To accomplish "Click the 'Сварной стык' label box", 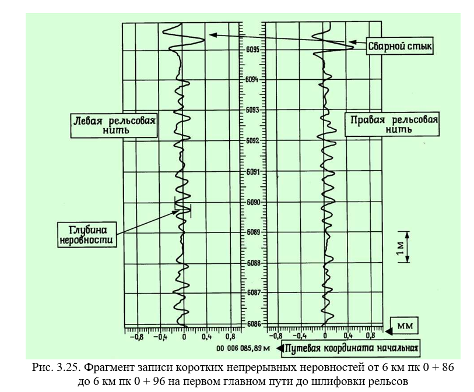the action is (x=399, y=46).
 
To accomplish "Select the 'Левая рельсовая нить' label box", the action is (x=114, y=125).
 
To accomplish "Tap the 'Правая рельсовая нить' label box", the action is (x=392, y=124).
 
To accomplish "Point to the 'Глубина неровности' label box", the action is (x=87, y=235).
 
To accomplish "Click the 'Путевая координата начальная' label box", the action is (x=351, y=348).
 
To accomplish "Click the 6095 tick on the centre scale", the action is (x=252, y=50).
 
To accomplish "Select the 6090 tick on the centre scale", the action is (x=253, y=202).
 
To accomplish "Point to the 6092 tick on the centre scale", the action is (x=252, y=141).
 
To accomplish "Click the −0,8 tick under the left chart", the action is (x=136, y=337).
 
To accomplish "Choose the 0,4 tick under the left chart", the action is (x=207, y=337).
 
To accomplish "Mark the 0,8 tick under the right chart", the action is (x=370, y=336).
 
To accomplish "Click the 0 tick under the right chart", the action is (x=325, y=336).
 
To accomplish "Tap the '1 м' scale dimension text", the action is (x=400, y=248).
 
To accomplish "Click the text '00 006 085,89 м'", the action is (x=243, y=348).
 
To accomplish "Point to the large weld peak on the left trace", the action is (x=205, y=40).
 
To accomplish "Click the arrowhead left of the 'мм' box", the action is (x=389, y=331).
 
